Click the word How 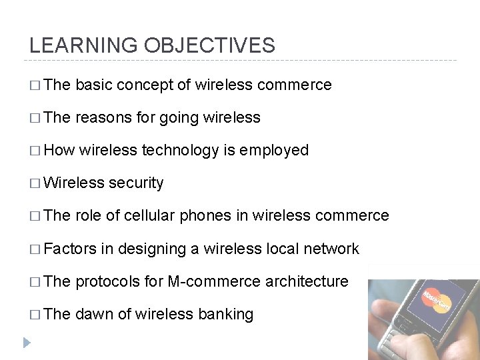(x=62, y=151)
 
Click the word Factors (x=71, y=249)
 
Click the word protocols (x=107, y=281)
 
